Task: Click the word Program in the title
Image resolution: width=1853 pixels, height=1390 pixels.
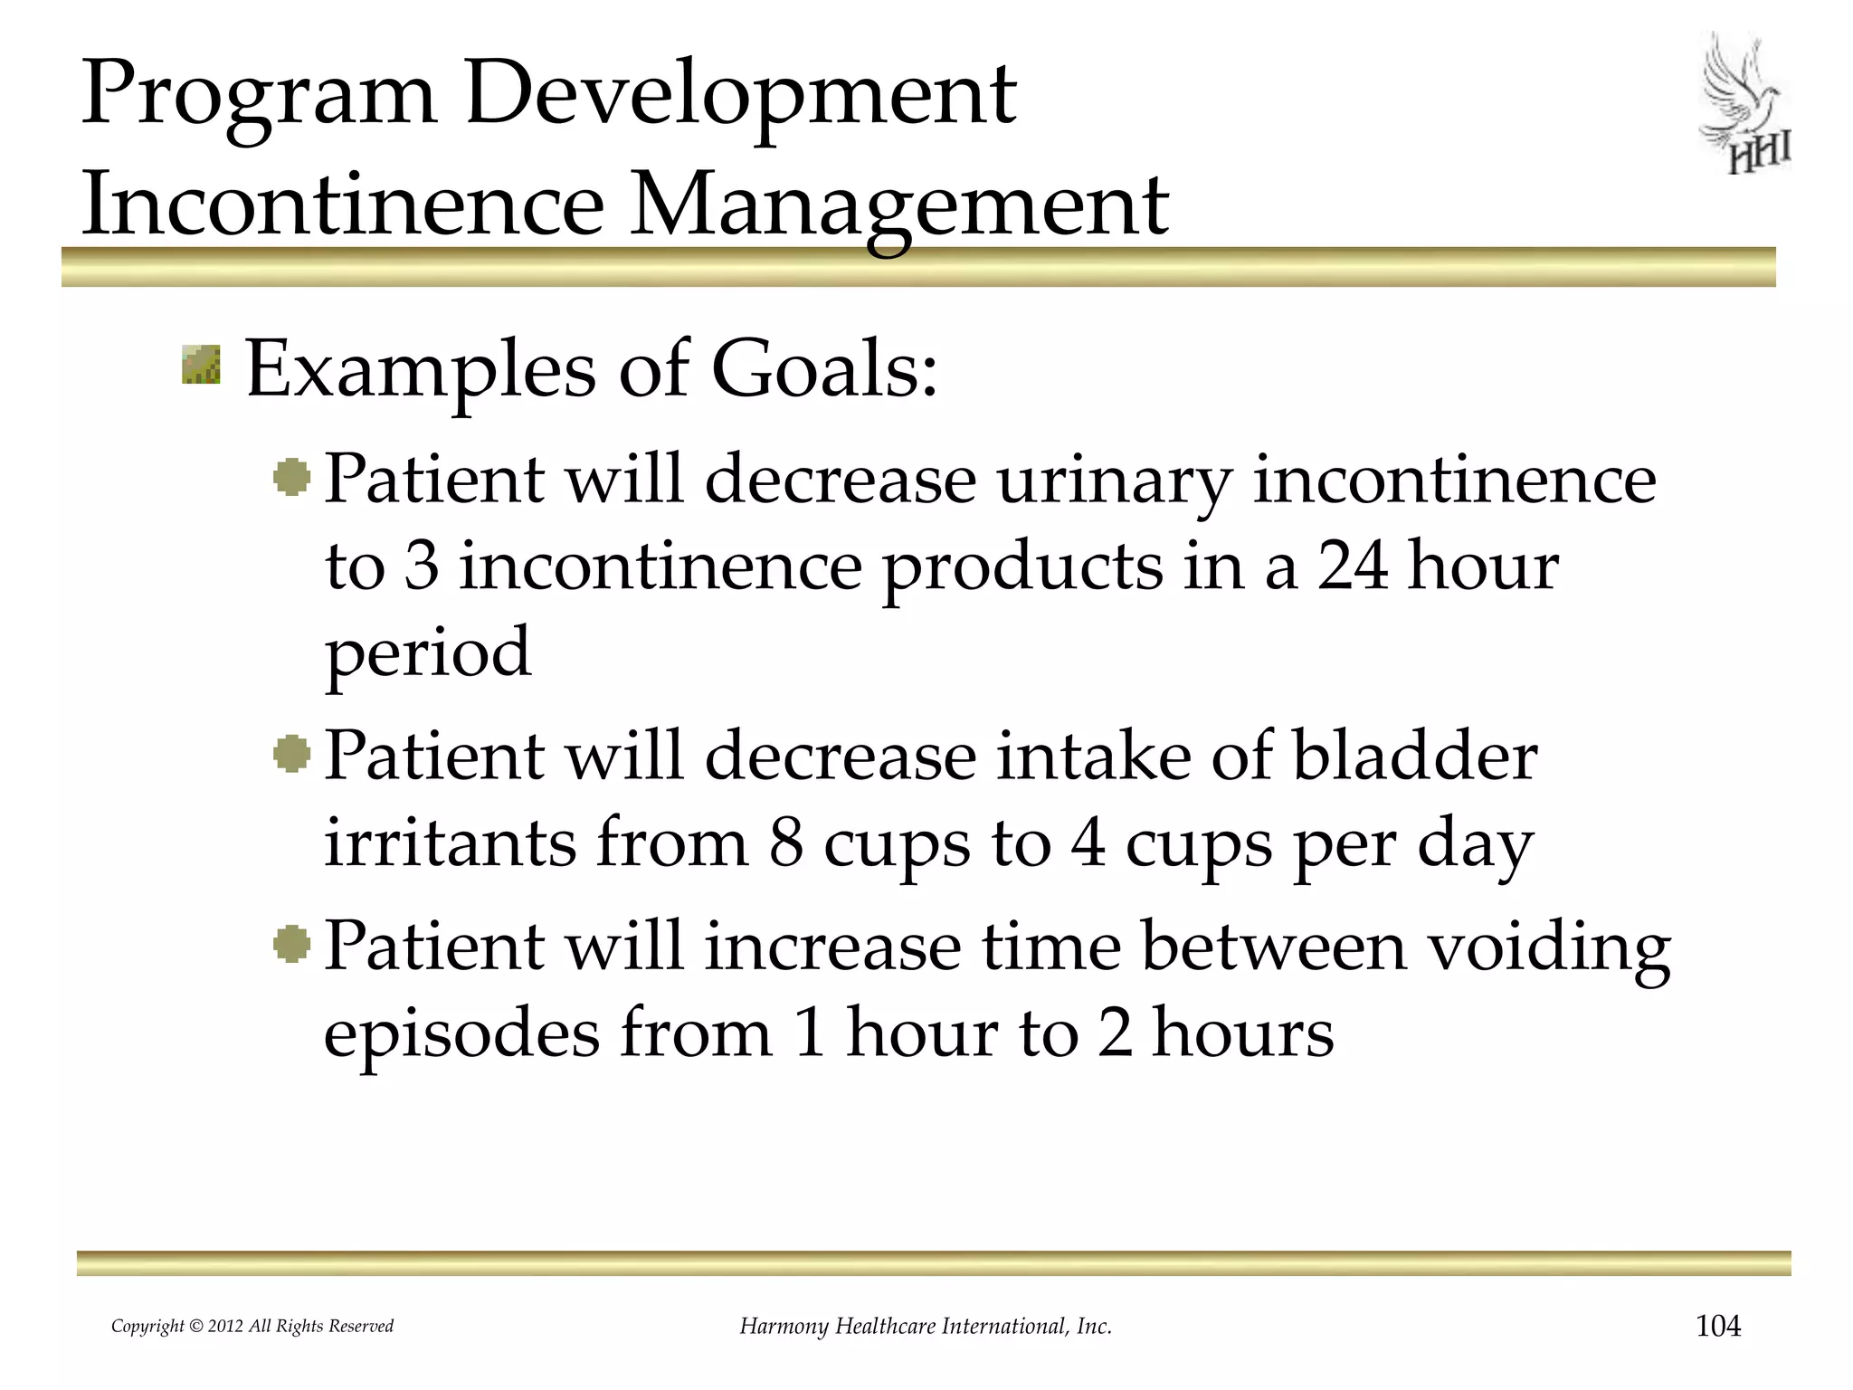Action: [259, 94]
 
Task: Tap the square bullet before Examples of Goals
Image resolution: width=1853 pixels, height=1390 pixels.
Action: [201, 364]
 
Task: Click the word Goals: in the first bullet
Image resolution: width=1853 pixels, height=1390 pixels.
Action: [824, 371]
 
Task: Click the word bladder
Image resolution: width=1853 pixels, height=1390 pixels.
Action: [1414, 757]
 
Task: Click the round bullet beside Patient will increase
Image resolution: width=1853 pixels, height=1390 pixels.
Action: [291, 945]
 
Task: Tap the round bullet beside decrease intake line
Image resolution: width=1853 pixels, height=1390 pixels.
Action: [291, 754]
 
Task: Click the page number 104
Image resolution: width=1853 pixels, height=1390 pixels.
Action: [1717, 1326]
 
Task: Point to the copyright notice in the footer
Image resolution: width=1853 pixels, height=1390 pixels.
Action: [252, 1327]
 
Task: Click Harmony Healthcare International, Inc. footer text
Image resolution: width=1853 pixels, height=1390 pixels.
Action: [926, 1327]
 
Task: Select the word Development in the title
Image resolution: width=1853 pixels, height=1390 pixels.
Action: [740, 94]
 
